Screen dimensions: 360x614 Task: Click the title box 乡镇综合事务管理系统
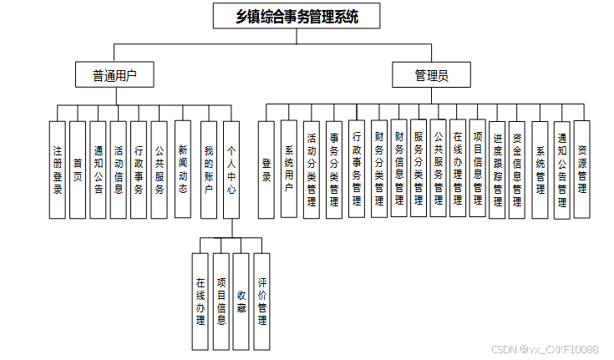click(286, 16)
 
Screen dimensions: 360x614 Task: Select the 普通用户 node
click(115, 75)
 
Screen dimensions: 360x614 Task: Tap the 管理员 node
click(431, 75)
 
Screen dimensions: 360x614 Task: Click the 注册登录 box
click(58, 170)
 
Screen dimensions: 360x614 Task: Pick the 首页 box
click(78, 170)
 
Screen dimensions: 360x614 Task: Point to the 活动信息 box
click(119, 170)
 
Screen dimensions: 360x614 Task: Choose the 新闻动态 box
click(182, 170)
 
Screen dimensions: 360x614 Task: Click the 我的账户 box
click(210, 170)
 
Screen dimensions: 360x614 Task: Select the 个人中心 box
click(231, 170)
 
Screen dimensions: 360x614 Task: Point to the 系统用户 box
click(289, 170)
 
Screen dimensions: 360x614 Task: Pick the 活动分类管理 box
click(312, 170)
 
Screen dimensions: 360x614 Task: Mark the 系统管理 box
click(540, 170)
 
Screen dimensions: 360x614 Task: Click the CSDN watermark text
click(544, 349)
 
